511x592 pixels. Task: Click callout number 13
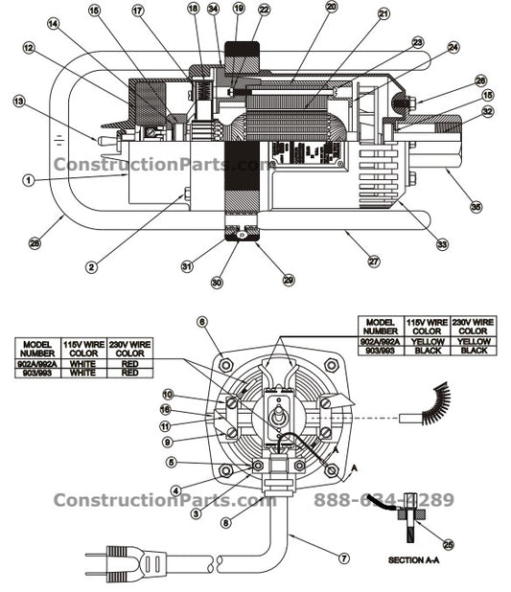pos(18,100)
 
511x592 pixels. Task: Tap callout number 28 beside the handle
pos(35,243)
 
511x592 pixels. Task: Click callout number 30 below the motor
pos(217,282)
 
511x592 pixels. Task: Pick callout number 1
pos(29,179)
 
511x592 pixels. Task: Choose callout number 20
pos(331,6)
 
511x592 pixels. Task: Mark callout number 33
pos(442,244)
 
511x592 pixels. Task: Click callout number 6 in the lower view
pos(202,322)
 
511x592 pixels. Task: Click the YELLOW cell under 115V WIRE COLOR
pos(425,341)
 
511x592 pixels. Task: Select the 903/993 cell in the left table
pos(36,373)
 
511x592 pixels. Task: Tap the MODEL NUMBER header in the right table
pos(381,327)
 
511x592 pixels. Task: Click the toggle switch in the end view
pos(281,418)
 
